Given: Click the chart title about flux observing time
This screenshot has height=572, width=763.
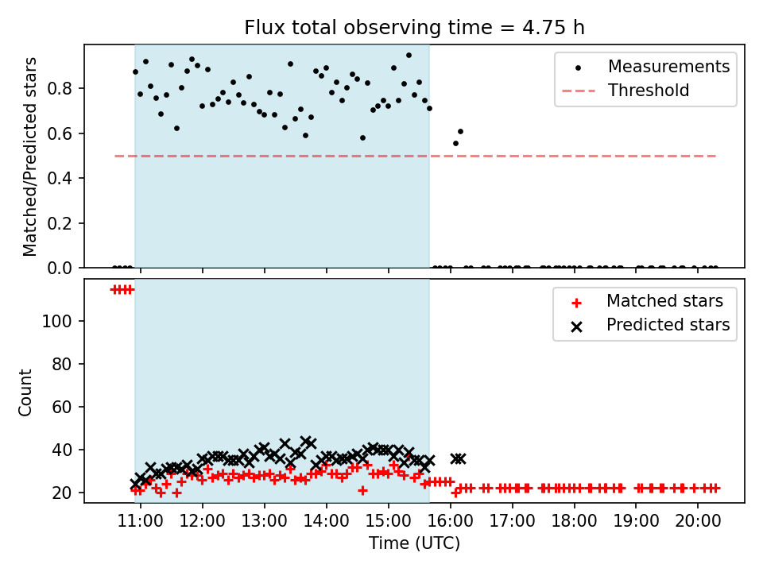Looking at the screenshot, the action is (414, 28).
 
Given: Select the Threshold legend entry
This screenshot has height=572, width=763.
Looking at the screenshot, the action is (626, 91).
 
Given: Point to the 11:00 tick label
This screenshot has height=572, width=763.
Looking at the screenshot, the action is (141, 521).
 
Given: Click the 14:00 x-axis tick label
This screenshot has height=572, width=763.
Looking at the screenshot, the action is (327, 521).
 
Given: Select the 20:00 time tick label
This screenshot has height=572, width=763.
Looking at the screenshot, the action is (698, 521).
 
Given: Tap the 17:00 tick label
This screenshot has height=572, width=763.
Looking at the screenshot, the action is (512, 521).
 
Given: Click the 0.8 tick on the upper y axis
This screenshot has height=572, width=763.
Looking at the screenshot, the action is (60, 88).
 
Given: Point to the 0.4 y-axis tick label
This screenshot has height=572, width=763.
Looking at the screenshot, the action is (60, 179).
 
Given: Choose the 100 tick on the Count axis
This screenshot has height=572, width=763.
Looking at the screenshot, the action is (57, 321).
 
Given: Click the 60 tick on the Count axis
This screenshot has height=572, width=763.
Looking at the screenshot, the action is (62, 407).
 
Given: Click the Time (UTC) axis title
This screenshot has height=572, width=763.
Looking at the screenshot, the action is (414, 543).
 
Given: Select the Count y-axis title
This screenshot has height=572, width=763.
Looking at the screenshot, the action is (25, 392).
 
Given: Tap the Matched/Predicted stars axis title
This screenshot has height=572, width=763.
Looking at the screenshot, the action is (29, 157).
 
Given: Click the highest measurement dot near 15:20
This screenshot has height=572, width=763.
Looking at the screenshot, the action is (409, 56).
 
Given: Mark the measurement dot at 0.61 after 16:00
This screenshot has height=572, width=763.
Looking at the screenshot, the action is (460, 131).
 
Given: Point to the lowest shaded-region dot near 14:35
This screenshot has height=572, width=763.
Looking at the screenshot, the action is (362, 138).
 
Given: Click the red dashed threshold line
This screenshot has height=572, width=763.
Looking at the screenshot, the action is (415, 157).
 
